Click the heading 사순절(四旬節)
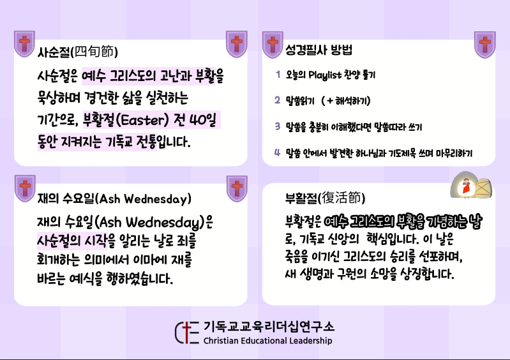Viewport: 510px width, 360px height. tap(78, 51)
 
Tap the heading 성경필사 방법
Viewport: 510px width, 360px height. tap(319, 50)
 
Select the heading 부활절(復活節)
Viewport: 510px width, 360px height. tap(325, 198)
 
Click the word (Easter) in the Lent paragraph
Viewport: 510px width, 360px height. tap(142, 120)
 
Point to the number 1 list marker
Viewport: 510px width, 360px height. tap(278, 75)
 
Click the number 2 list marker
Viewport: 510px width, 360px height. tap(278, 100)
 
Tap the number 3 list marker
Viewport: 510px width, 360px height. tap(278, 126)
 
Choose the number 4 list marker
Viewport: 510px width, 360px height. tap(277, 152)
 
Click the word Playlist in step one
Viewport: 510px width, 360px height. tap(325, 75)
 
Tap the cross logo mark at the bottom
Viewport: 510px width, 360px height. tap(187, 333)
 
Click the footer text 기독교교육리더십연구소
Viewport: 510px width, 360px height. tap(269, 327)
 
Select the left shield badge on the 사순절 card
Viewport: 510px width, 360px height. tap(24, 44)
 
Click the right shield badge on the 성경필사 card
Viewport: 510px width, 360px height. tap(485, 45)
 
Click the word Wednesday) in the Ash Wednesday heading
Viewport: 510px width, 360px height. tap(158, 199)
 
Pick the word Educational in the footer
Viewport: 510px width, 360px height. tap(264, 340)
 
